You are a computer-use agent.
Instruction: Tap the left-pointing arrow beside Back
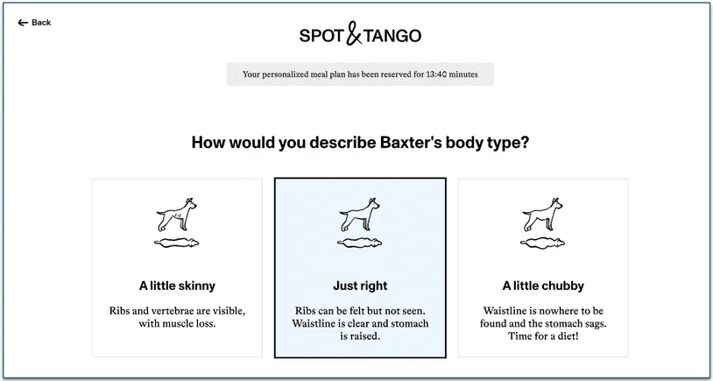[23, 23]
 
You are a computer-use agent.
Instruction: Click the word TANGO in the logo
[392, 36]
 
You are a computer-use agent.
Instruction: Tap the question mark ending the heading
[524, 142]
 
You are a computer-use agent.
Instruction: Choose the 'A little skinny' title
[177, 286]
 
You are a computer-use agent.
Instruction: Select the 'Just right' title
[360, 286]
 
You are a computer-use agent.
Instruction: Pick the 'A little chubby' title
[543, 286]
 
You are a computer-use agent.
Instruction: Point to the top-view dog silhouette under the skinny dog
[177, 243]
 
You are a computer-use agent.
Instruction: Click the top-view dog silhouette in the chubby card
[543, 243]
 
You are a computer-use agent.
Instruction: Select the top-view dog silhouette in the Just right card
[360, 243]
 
